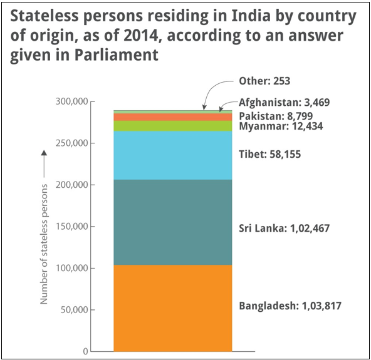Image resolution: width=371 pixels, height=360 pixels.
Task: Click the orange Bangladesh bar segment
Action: pyautogui.click(x=172, y=307)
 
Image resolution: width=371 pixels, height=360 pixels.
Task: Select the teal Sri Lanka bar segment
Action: pyautogui.click(x=172, y=222)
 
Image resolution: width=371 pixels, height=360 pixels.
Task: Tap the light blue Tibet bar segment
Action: pyautogui.click(x=172, y=155)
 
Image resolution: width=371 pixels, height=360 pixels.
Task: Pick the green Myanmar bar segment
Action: pyautogui.click(x=172, y=126)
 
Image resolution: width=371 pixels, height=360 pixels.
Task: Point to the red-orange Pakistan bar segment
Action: pyautogui.click(x=172, y=117)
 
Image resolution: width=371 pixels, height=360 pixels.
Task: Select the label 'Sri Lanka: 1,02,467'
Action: pyautogui.click(x=284, y=229)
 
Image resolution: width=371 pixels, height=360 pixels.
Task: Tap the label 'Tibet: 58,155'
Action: pyautogui.click(x=269, y=153)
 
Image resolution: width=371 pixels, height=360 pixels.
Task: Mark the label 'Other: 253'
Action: pyautogui.click(x=264, y=81)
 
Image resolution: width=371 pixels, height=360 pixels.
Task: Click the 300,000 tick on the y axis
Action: pyautogui.click(x=72, y=102)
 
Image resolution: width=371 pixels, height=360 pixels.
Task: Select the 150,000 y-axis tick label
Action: pyautogui.click(x=72, y=227)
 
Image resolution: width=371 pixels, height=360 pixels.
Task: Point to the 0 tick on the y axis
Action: pyautogui.click(x=86, y=352)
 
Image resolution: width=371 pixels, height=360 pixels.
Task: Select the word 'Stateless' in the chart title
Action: pyautogui.click(x=44, y=15)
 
